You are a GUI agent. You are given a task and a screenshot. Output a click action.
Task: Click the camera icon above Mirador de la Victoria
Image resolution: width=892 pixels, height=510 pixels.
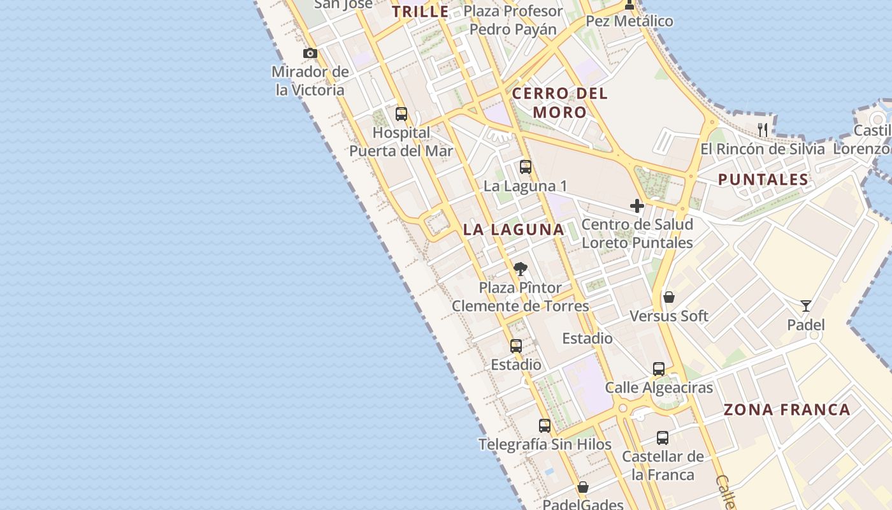pos(310,54)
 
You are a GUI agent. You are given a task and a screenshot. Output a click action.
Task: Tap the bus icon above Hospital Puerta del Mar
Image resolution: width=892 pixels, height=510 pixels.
pos(401,114)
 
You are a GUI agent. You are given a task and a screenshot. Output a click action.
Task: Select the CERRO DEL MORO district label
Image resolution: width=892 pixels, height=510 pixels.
pos(560,103)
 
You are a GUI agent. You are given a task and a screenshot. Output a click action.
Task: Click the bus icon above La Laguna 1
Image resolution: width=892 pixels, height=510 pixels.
pos(526,167)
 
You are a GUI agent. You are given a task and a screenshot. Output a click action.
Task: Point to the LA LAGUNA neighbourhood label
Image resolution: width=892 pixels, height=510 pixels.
pos(514,229)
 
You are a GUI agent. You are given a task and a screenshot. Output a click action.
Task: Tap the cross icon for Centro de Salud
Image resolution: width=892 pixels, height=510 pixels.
pos(637,206)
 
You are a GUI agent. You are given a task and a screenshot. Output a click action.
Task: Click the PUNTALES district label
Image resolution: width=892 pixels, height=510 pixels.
pos(763,180)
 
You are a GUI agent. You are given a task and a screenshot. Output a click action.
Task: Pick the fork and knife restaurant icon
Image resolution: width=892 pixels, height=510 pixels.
pos(763,130)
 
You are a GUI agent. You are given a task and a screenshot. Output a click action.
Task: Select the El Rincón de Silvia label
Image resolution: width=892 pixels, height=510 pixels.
pos(762,149)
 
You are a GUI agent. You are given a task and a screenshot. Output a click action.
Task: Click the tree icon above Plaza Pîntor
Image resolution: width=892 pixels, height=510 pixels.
pos(521,268)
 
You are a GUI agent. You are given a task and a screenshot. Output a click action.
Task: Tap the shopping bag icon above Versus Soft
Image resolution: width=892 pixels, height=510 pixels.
pos(669,297)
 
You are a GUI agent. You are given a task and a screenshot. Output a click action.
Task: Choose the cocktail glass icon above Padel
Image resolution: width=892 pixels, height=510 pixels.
pos(806,306)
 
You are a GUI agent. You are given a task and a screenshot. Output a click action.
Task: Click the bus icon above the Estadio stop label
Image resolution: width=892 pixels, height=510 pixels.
pos(516,346)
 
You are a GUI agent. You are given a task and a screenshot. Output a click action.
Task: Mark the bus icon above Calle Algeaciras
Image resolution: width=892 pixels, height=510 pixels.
pos(659,369)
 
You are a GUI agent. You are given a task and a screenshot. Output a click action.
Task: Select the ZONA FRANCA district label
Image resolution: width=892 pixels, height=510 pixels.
pos(787,409)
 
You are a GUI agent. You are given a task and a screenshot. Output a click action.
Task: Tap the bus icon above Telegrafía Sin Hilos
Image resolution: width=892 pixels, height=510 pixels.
pos(545,426)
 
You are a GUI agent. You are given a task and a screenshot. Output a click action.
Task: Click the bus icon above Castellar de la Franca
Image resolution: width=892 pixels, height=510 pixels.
pos(663,438)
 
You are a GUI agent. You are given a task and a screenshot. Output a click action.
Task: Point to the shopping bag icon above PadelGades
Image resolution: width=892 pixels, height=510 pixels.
pos(583,488)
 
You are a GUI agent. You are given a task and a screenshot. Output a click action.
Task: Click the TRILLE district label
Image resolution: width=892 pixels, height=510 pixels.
pos(420,11)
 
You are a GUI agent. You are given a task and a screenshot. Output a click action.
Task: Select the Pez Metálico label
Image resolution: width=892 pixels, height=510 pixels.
pos(629,21)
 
